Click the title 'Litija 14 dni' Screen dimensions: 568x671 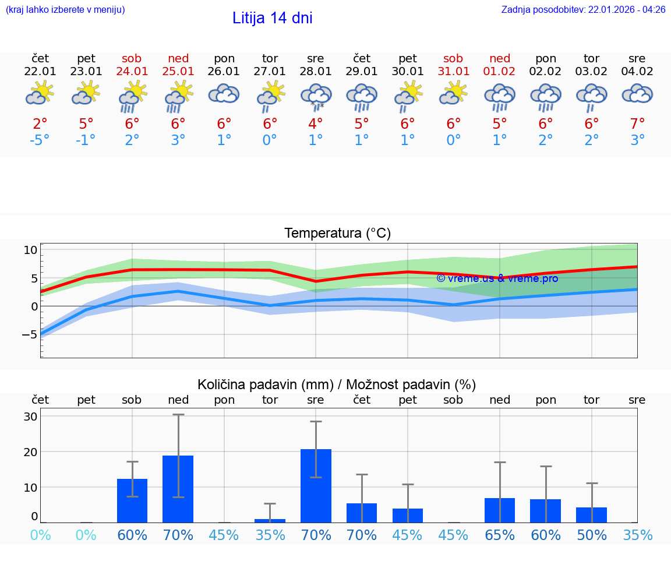(x=272, y=18)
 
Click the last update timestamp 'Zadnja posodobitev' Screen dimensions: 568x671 (x=583, y=10)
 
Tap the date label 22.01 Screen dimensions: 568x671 (x=40, y=72)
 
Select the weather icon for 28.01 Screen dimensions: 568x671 (x=316, y=96)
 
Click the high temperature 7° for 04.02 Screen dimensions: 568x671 (x=637, y=124)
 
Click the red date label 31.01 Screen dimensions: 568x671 (x=453, y=72)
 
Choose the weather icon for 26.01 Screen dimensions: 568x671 (x=224, y=94)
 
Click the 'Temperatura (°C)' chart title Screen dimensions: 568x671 (x=337, y=234)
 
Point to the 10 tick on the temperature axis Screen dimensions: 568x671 (x=30, y=250)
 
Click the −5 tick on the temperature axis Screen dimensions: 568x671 (x=29, y=334)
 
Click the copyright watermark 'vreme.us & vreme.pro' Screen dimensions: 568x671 (x=497, y=278)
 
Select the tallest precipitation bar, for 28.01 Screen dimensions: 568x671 (x=316, y=486)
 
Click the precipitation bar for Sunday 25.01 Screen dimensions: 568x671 (x=178, y=489)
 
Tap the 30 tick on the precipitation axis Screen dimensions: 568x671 (x=30, y=417)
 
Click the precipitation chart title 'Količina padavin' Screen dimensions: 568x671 (x=337, y=384)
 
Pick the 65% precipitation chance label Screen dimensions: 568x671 (x=500, y=535)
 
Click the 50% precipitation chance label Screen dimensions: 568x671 (x=592, y=535)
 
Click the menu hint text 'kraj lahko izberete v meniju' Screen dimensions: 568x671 (x=65, y=10)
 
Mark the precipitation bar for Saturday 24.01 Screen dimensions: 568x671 (x=132, y=500)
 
